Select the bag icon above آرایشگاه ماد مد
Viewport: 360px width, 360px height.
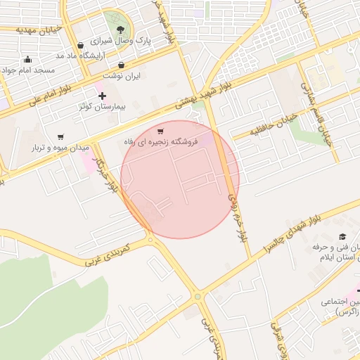[x=82, y=46]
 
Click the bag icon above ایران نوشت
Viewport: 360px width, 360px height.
[x=122, y=65]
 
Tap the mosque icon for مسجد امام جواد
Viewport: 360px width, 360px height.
[x=27, y=60]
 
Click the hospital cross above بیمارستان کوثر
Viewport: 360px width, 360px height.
[x=102, y=96]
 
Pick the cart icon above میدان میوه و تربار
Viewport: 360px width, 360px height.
[x=60, y=137]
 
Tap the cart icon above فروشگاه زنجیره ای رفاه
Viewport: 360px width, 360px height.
[x=161, y=131]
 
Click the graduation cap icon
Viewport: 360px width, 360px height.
[x=342, y=237]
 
